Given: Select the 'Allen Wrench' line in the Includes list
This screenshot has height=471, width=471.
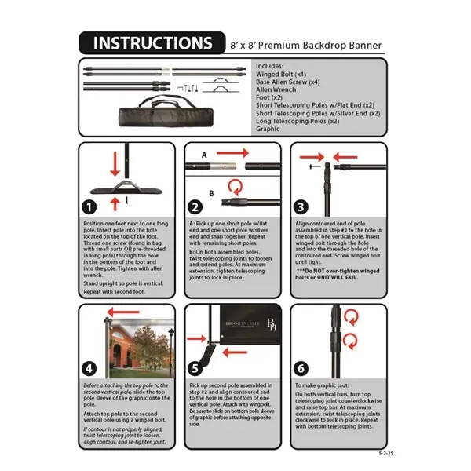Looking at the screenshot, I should pos(276,89).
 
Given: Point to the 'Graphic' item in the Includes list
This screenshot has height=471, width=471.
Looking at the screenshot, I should pos(268,129).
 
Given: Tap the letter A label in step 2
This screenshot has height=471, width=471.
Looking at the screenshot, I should pos(204,155).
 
